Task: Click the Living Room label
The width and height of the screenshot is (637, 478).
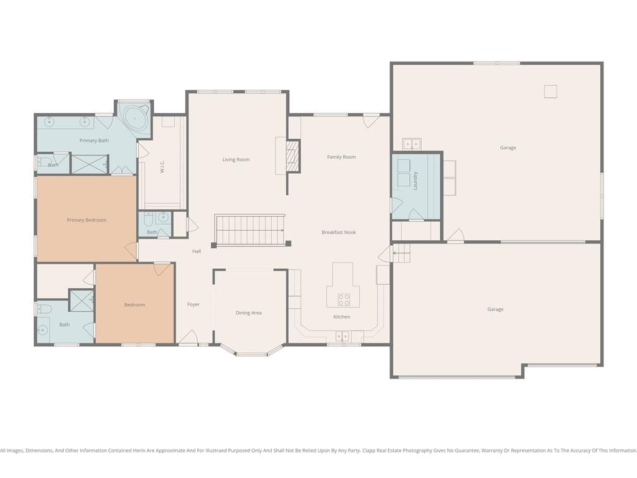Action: point(236,159)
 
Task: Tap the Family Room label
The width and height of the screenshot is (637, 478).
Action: point(342,157)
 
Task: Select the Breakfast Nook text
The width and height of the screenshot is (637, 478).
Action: point(339,232)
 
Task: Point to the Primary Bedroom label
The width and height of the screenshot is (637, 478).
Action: point(86,220)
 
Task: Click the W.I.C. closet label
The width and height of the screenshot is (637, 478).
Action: point(162,167)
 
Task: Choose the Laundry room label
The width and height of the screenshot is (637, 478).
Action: point(415,180)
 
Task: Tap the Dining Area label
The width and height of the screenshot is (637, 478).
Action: point(249,312)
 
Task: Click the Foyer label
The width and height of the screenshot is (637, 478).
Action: point(193,304)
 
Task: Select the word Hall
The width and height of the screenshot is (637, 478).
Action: point(197,251)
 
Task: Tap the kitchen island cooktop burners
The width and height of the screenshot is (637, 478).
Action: point(343,299)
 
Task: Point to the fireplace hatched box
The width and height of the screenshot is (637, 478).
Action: point(292,156)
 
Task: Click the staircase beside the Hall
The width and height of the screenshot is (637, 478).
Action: point(249,230)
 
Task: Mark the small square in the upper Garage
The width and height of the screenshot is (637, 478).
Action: point(551,91)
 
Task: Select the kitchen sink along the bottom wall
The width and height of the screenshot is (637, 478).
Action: point(342,337)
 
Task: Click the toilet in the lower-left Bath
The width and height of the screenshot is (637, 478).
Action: point(44,309)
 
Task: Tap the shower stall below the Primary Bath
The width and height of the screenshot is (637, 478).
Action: point(90,164)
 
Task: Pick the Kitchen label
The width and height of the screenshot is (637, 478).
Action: point(342,317)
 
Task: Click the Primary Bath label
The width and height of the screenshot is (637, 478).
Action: point(94,141)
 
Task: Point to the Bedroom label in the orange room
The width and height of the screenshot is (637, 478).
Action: point(134,305)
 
